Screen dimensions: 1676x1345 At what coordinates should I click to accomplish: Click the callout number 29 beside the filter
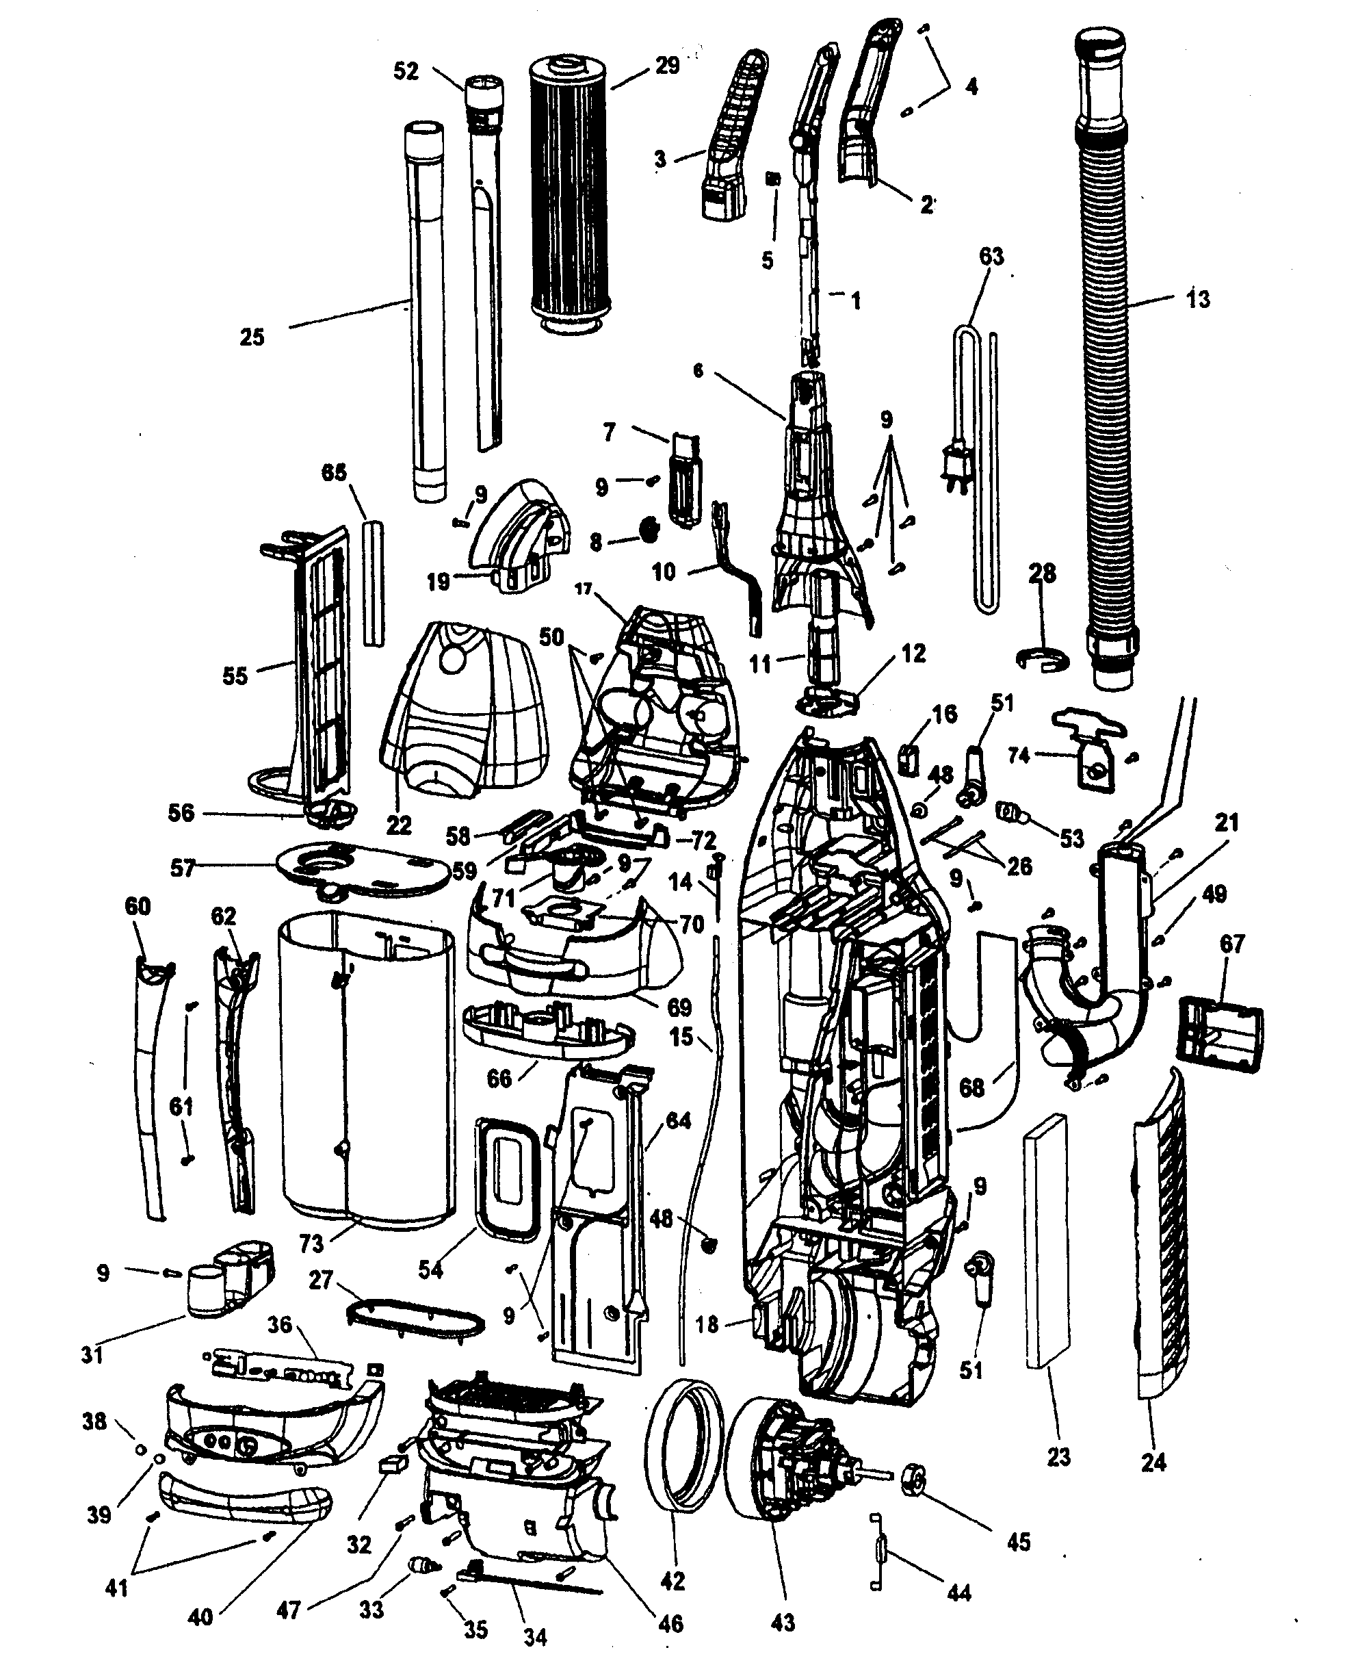(x=666, y=66)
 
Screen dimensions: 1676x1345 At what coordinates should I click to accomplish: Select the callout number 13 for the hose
(x=1198, y=299)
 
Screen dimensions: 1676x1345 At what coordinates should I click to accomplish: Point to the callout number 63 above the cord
(x=991, y=257)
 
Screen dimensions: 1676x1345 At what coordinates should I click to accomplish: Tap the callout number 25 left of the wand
(x=251, y=337)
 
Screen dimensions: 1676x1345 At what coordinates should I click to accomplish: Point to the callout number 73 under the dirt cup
(x=311, y=1243)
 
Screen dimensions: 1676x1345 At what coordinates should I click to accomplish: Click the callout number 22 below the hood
(x=399, y=825)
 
